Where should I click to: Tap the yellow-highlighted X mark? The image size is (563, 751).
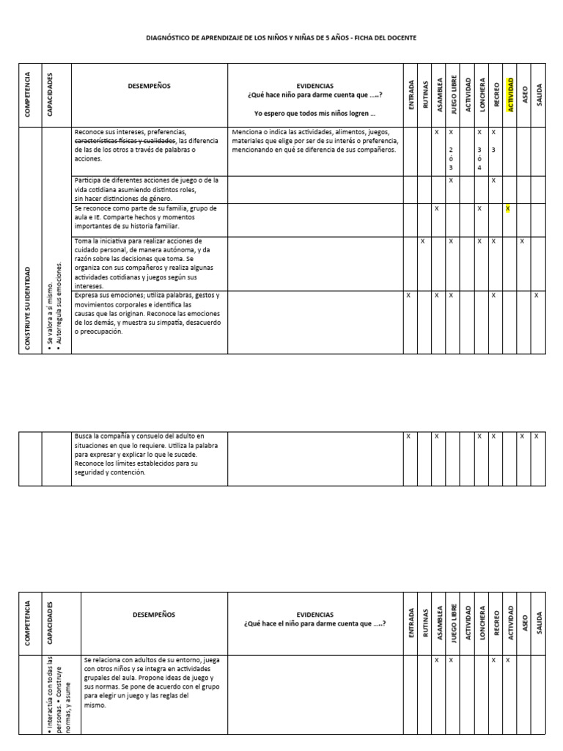click(x=507, y=209)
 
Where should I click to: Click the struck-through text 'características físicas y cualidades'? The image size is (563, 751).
click(x=125, y=141)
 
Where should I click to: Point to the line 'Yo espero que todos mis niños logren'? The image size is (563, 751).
click(x=314, y=114)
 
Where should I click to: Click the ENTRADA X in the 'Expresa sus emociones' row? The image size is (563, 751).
click(x=408, y=296)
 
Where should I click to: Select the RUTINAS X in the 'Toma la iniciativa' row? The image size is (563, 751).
click(x=422, y=241)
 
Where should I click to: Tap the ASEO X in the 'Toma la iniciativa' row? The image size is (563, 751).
click(x=522, y=241)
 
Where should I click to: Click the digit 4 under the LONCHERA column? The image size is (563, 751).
click(x=479, y=168)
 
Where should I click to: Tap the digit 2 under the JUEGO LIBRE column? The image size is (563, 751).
click(x=451, y=150)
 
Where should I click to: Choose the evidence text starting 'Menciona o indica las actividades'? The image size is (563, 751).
click(x=314, y=133)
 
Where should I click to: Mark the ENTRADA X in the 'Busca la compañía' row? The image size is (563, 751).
click(x=408, y=436)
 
